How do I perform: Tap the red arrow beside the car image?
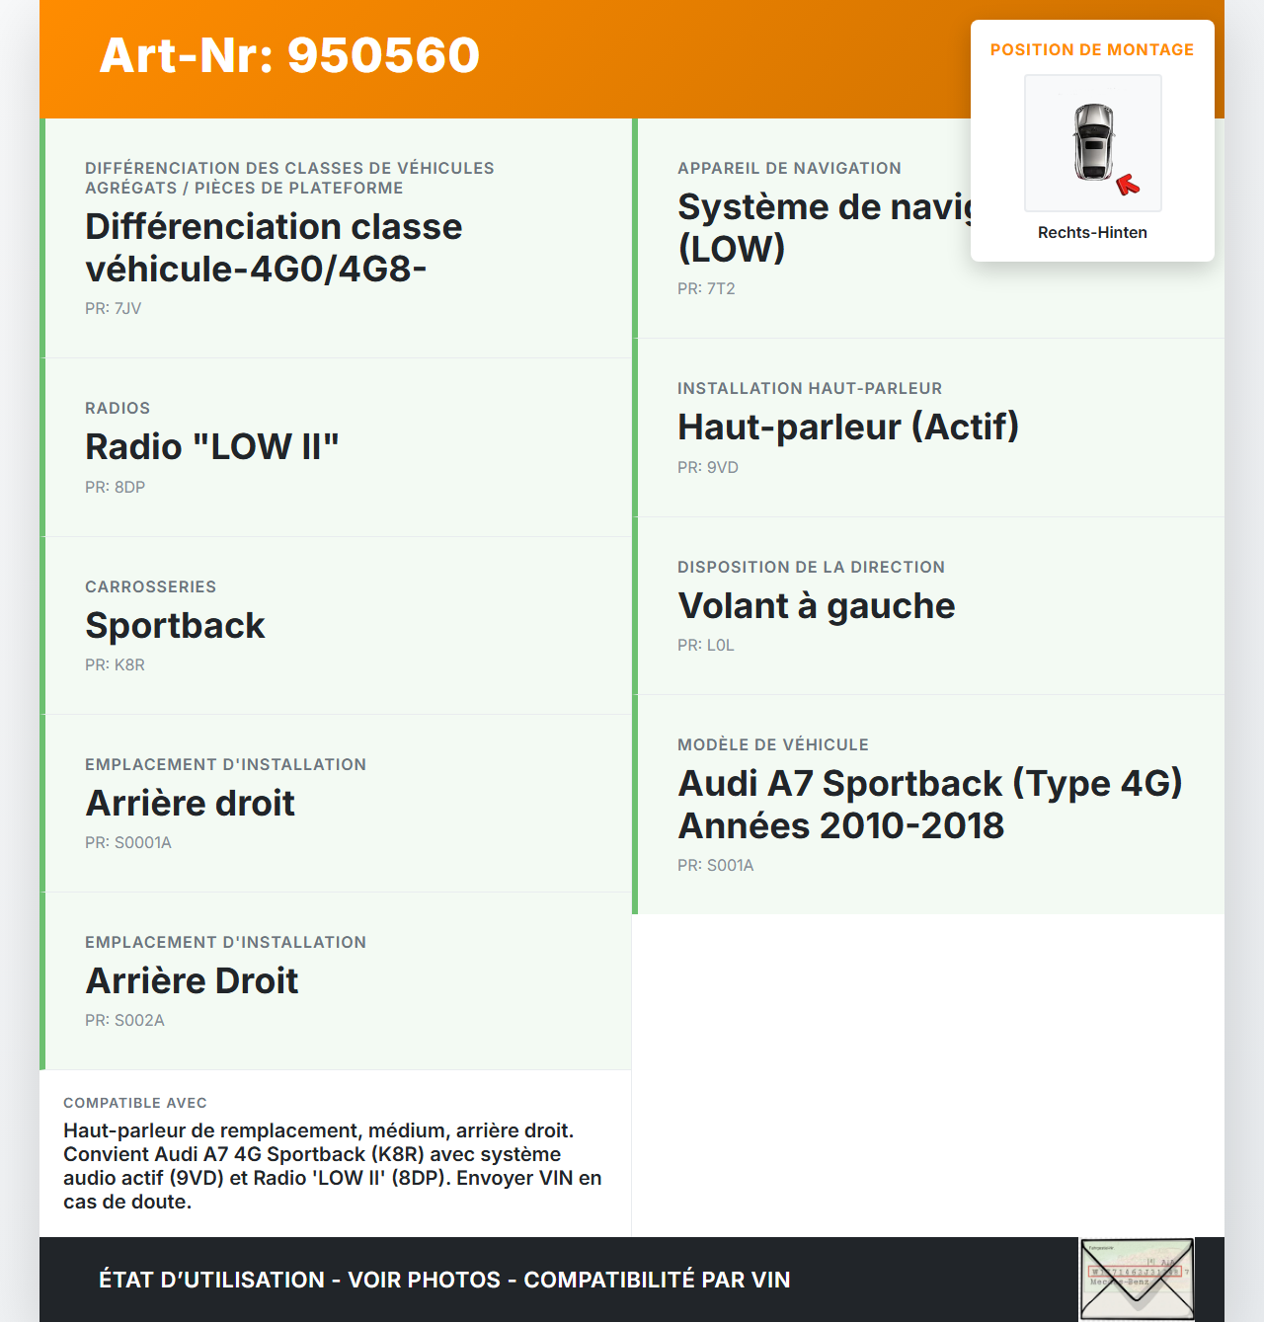pyautogui.click(x=1127, y=185)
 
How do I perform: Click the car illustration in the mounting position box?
pyautogui.click(x=1093, y=142)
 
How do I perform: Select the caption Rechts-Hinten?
pyautogui.click(x=1092, y=233)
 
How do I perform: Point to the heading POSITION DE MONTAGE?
pyautogui.click(x=1092, y=50)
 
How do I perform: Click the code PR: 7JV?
pyautogui.click(x=114, y=309)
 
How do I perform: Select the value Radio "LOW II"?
pyautogui.click(x=212, y=447)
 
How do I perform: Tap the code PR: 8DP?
pyautogui.click(x=116, y=488)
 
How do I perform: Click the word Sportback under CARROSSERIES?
pyautogui.click(x=176, y=626)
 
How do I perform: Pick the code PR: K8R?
pyautogui.click(x=116, y=665)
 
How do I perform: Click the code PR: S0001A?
pyautogui.click(x=128, y=843)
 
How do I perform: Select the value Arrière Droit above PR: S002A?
pyautogui.click(x=193, y=981)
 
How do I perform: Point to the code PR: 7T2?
pyautogui.click(x=706, y=289)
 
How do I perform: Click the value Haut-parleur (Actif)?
pyautogui.click(x=848, y=428)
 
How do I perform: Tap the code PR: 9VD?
pyautogui.click(x=708, y=468)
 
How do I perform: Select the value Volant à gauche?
pyautogui.click(x=817, y=606)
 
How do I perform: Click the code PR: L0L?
pyautogui.click(x=706, y=646)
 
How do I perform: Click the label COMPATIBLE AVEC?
pyautogui.click(x=135, y=1104)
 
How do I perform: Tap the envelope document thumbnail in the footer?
pyautogui.click(x=1137, y=1280)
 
